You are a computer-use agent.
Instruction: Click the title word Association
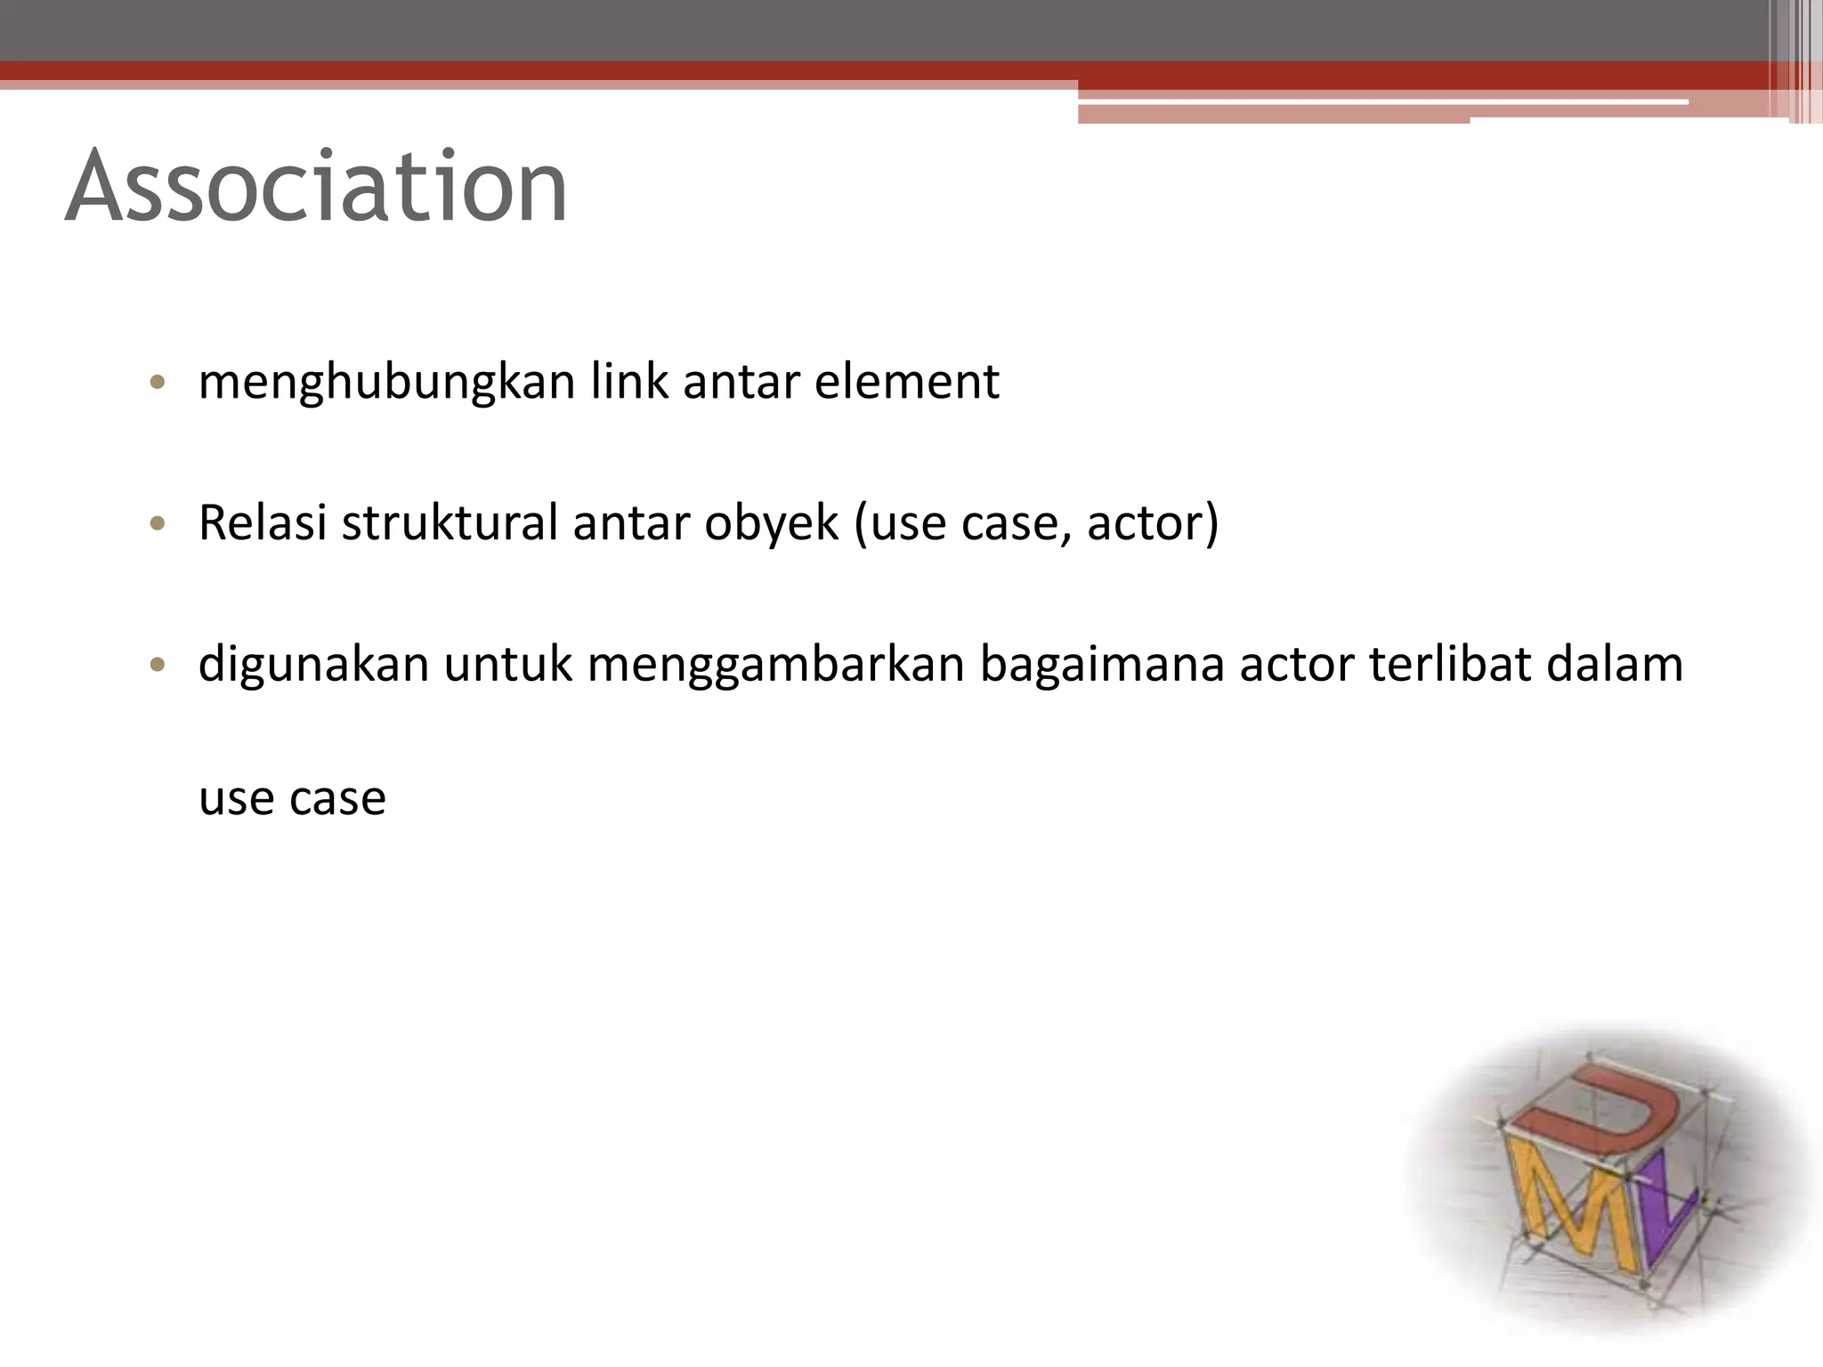pos(316,187)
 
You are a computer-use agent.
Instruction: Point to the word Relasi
pos(263,522)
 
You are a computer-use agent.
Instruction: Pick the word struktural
pos(450,522)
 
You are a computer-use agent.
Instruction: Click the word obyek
pos(771,524)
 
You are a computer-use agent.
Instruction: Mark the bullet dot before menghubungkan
pos(158,384)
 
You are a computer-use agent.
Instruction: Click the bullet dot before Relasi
pos(158,524)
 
